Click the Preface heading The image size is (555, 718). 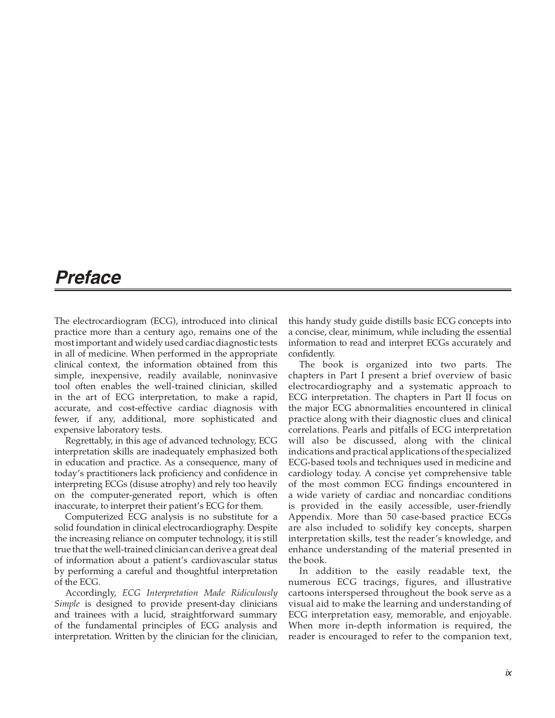tap(88, 277)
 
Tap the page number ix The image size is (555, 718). tap(508, 673)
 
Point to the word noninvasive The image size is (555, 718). tap(252, 376)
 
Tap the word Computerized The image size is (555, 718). tap(94, 517)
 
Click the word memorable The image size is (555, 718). tap(417, 615)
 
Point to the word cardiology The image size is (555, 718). tap(310, 474)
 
